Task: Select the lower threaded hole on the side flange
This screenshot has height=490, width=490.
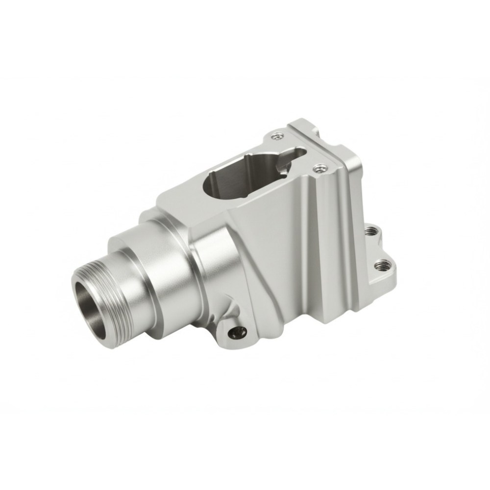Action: (381, 266)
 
